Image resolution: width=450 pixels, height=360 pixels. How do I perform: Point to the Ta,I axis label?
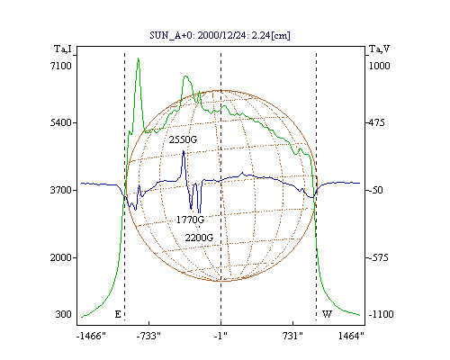coord(63,49)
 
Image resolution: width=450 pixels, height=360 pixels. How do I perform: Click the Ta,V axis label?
coord(379,49)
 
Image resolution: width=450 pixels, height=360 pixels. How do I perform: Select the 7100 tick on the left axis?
coord(61,66)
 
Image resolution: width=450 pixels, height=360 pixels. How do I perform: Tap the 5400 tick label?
coord(61,122)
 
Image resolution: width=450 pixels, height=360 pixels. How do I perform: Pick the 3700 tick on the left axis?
coord(61,190)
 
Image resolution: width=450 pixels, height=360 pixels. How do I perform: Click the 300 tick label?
coord(63,314)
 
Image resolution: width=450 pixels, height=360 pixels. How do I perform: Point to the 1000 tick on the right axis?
coord(379,66)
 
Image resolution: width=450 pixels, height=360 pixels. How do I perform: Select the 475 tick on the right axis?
coord(376,122)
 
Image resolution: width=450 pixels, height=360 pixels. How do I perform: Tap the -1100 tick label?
coord(381,314)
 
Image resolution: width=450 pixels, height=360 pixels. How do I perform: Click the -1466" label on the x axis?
coord(91,336)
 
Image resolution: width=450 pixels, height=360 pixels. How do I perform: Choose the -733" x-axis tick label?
coord(148,336)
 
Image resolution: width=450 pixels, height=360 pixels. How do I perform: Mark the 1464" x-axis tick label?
coord(351,336)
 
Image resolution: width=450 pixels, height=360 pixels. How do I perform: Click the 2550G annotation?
coord(183,139)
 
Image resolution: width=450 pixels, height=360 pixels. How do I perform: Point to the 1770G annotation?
coord(190,220)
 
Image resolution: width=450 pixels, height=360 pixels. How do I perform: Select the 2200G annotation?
coord(199,238)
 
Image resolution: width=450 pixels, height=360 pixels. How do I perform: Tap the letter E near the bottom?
coord(118,314)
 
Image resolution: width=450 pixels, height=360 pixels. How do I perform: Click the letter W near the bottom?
coord(327,314)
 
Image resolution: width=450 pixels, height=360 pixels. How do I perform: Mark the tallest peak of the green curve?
coord(139,58)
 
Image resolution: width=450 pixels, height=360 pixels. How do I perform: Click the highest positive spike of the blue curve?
coord(184,151)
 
